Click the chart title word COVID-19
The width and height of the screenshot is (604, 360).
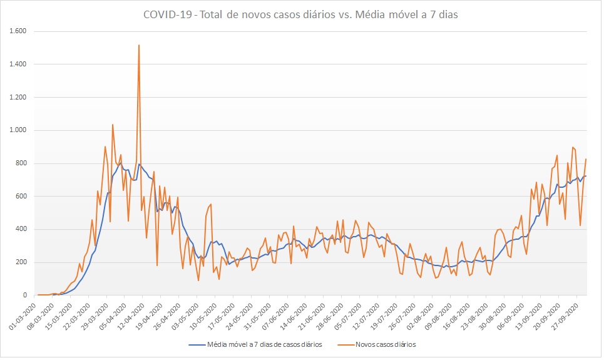point(165,15)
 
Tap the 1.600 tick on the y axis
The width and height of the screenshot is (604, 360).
point(23,31)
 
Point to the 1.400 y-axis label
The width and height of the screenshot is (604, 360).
point(23,64)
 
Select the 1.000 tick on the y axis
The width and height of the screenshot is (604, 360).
point(23,130)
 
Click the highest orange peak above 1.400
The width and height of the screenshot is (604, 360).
point(139,46)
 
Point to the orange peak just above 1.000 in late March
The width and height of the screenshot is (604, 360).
point(113,125)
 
